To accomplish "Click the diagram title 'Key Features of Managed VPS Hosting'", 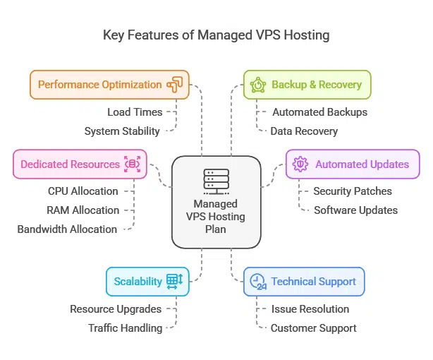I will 216,35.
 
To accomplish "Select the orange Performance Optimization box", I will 109,85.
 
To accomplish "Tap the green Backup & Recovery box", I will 307,85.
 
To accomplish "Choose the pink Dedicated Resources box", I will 80,164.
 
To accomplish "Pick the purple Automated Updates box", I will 352,164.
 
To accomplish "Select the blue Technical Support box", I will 304,281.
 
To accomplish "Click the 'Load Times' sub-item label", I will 135,112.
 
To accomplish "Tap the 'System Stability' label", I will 122,131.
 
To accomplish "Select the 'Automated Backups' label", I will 320,112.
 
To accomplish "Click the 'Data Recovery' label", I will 305,131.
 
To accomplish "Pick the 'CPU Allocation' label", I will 83,191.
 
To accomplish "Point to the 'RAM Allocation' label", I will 83,210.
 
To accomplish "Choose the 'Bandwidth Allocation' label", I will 67,229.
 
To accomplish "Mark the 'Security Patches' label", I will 353,191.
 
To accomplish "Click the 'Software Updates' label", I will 355,210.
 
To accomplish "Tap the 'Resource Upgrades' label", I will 116,308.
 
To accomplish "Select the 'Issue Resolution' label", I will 310,308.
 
